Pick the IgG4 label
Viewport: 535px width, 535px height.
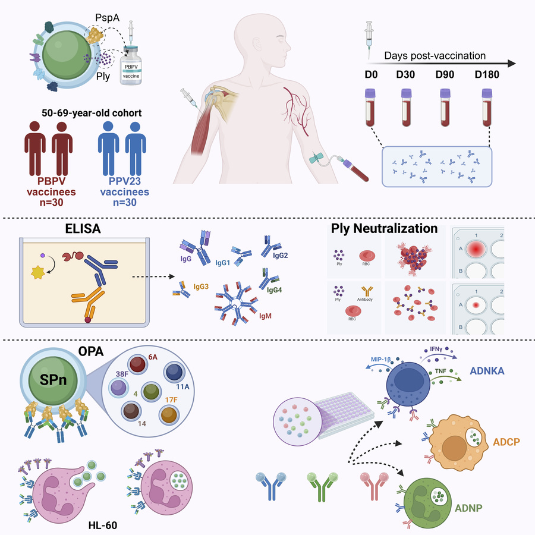tap(275, 290)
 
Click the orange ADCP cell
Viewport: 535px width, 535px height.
tap(458, 443)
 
